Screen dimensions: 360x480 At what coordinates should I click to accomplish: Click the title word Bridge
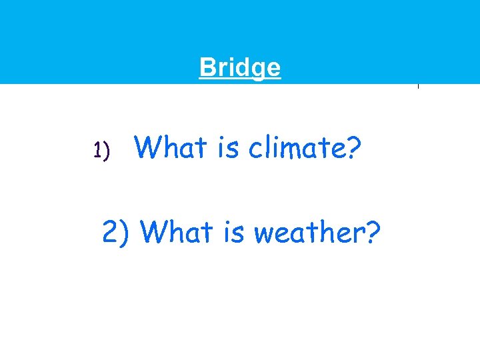240,67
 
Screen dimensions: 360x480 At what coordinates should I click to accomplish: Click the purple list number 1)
101,151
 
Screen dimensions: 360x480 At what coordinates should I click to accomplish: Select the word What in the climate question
169,147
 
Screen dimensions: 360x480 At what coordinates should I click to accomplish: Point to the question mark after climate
354,147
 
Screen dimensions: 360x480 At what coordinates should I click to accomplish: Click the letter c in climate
255,149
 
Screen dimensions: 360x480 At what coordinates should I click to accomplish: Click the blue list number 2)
119,232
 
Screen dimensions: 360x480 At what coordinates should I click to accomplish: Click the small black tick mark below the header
418,86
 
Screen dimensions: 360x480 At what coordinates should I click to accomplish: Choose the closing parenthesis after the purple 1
106,152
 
